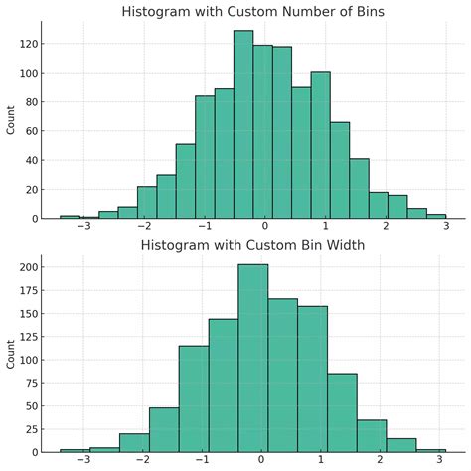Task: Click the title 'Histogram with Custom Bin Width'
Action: pyautogui.click(x=252, y=245)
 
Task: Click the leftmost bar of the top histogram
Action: pyautogui.click(x=70, y=216)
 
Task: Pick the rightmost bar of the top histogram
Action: pyautogui.click(x=436, y=216)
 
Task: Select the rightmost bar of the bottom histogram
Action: pyautogui.click(x=430, y=450)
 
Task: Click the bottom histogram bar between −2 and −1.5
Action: pyautogui.click(x=134, y=442)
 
